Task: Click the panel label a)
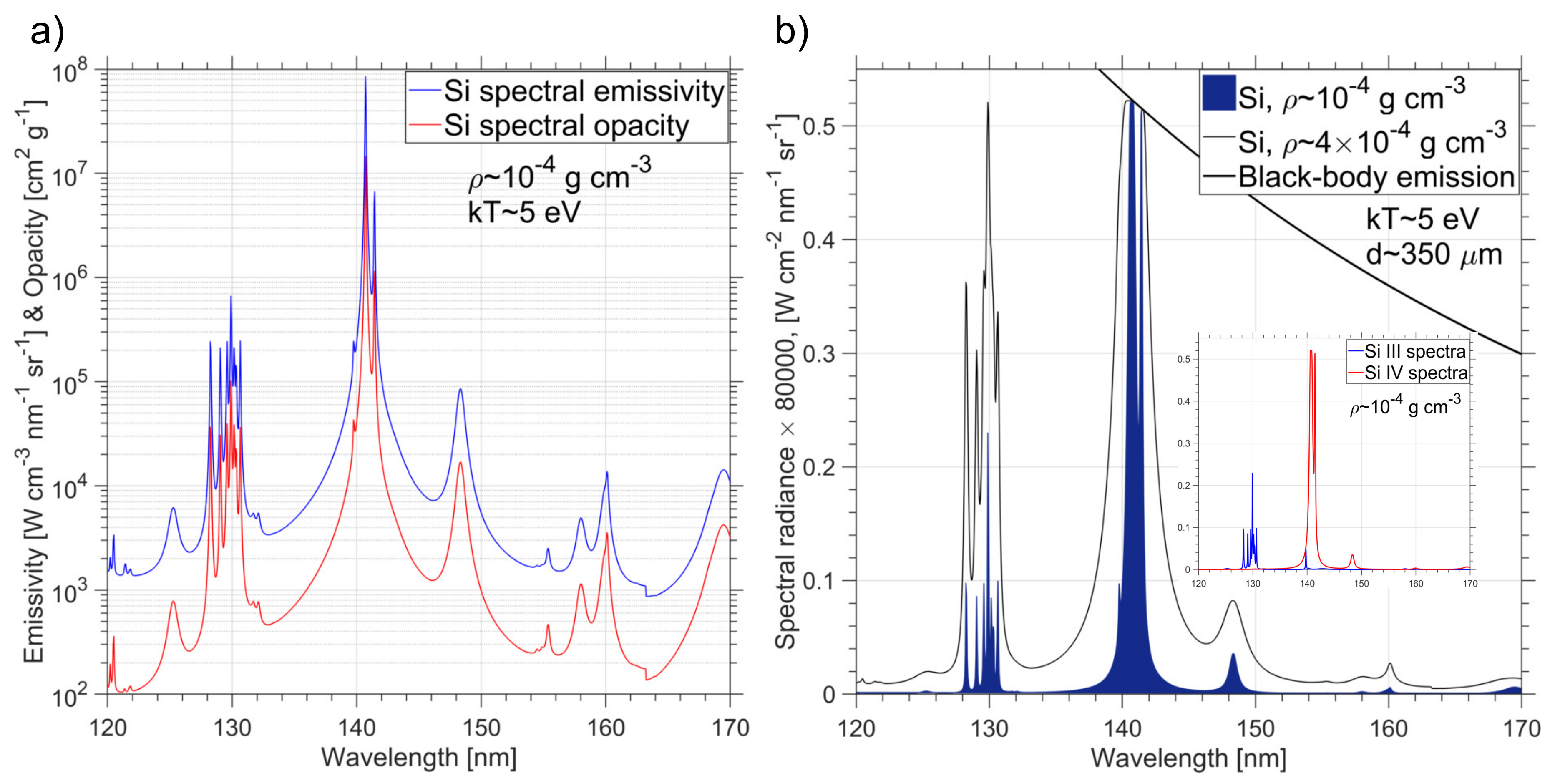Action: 47,31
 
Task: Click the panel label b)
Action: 791,31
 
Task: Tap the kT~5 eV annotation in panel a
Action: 523,212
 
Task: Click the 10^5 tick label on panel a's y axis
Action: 69,384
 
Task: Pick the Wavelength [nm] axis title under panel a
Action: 418,758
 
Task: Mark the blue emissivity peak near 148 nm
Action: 460,390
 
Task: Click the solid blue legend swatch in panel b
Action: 1218,93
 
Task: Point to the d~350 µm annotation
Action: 1434,254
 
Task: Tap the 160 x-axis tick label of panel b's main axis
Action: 1389,728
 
